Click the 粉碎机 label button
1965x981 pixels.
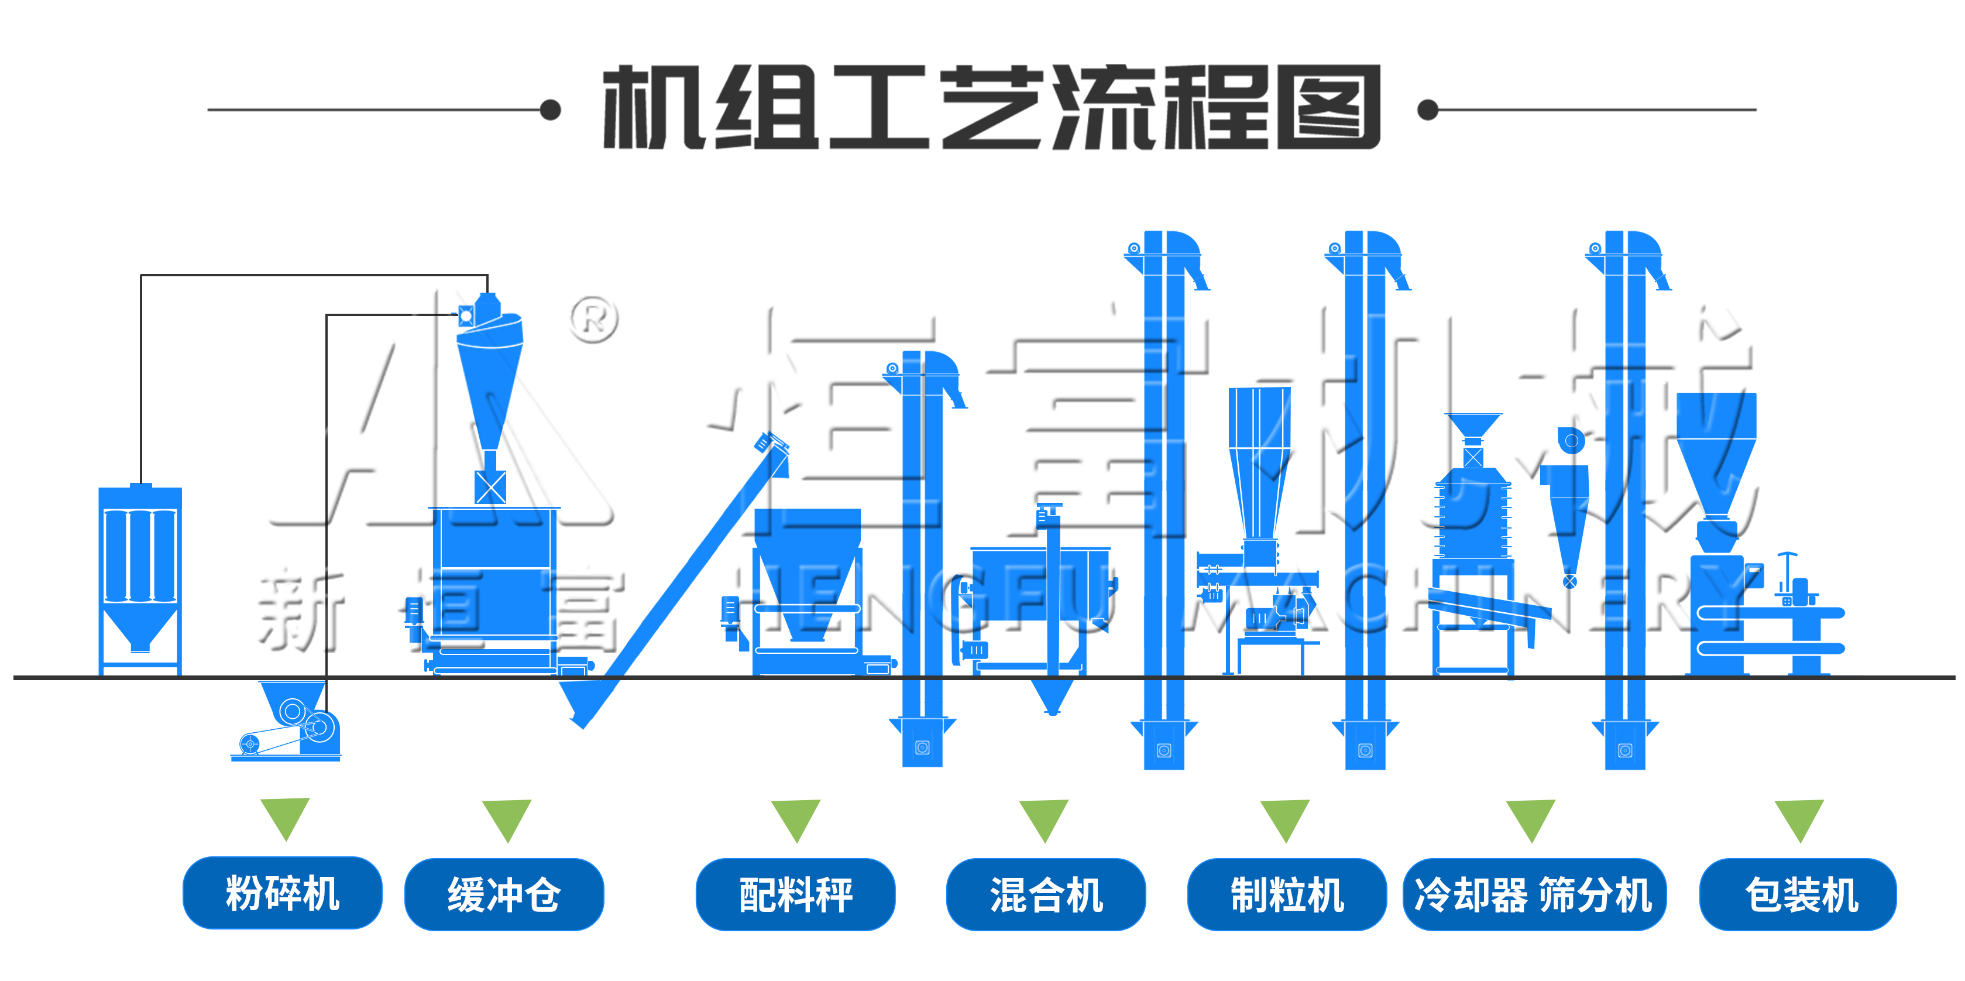(282, 893)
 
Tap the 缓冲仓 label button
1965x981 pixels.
(504, 894)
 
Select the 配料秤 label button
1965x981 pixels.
(796, 894)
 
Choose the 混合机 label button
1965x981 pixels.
(1046, 894)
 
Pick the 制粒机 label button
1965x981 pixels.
(1287, 894)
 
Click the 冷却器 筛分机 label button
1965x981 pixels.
(1534, 894)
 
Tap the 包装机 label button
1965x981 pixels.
(1798, 894)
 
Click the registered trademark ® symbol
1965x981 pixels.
(594, 319)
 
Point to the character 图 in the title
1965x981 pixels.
(1328, 108)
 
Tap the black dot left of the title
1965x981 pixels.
(550, 110)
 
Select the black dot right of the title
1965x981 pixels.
(1427, 110)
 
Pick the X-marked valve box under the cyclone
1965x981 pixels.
(490, 486)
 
